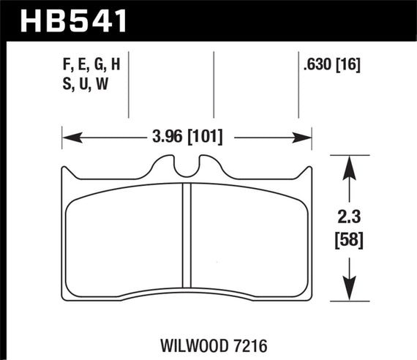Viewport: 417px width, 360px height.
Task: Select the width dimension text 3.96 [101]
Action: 184,136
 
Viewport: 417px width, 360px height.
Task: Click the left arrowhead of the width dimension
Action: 67,136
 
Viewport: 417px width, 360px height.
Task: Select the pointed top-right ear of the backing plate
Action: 310,170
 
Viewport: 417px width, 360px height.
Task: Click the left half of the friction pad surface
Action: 124,234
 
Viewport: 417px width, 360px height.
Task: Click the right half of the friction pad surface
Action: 249,234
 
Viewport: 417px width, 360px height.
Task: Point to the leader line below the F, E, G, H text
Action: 129,102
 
